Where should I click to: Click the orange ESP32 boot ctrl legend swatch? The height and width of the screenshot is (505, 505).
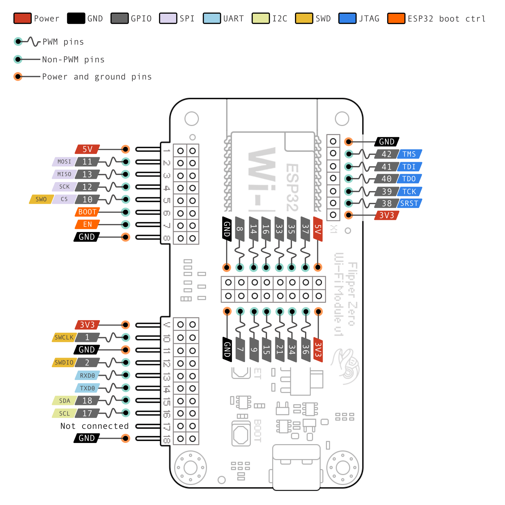396,18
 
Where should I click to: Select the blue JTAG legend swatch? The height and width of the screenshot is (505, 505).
347,18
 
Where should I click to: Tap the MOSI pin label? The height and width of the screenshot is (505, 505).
64,162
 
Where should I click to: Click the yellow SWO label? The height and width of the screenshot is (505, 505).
41,199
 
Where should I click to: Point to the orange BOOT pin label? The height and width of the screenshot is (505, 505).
87,212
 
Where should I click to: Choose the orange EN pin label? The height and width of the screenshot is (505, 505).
87,224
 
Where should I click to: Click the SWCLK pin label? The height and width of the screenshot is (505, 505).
64,337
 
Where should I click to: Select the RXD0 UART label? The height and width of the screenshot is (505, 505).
87,375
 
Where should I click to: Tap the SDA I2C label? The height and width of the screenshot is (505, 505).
64,401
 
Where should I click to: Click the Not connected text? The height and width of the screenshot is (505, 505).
94,426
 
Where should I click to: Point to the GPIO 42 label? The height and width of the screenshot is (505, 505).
386,154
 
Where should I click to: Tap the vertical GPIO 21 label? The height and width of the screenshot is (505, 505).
280,349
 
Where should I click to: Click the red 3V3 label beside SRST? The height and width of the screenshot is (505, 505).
386,215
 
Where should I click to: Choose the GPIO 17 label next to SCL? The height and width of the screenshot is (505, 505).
87,413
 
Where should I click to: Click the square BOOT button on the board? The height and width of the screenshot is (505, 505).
241,435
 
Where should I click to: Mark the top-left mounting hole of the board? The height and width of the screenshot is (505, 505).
192,119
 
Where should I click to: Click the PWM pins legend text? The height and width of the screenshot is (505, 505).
63,42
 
